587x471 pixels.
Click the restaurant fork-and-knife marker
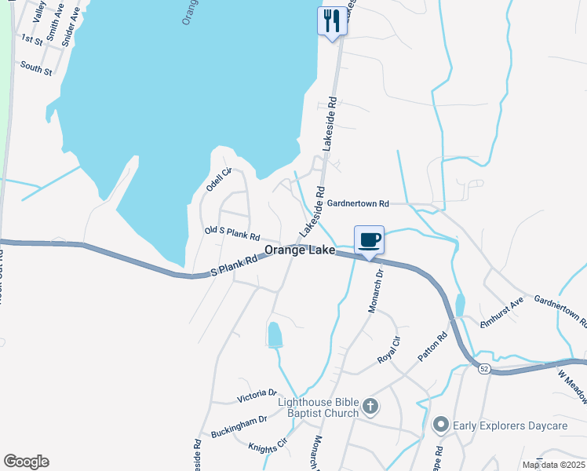(332, 20)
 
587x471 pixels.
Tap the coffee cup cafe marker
(370, 240)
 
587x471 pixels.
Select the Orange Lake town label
(300, 250)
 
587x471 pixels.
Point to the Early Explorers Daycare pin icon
(441, 425)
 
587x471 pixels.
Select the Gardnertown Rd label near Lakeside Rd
(359, 203)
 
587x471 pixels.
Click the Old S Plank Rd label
(232, 233)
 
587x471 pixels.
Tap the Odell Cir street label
(220, 180)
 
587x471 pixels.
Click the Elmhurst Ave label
(501, 313)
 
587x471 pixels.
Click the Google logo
(25, 462)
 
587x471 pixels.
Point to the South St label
(36, 68)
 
